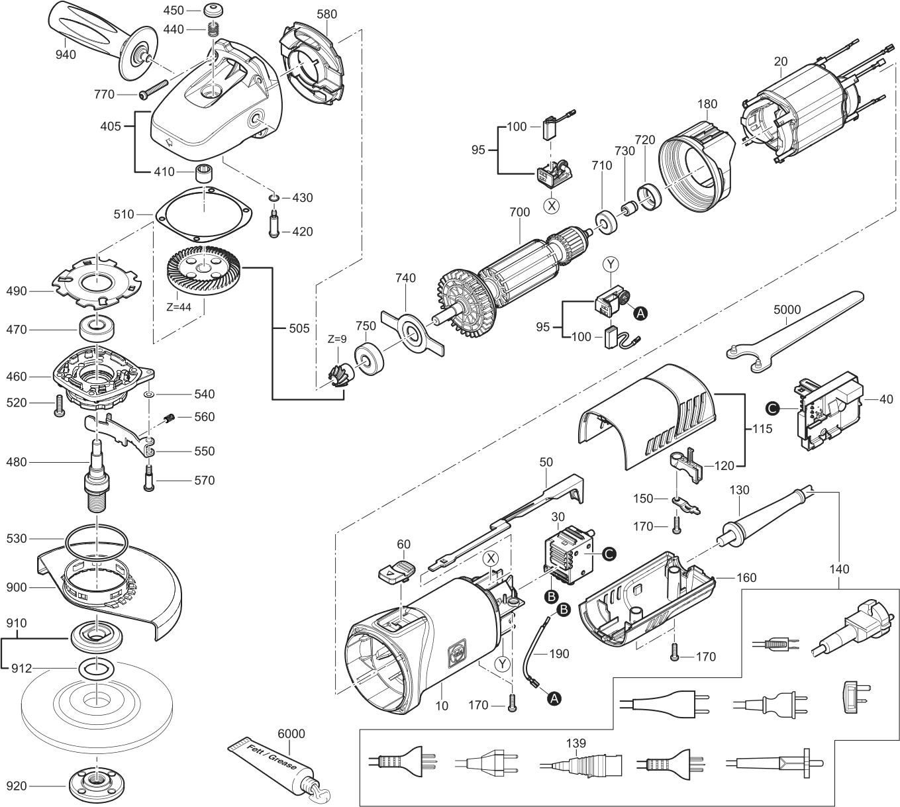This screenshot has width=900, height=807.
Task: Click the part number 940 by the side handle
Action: [66, 54]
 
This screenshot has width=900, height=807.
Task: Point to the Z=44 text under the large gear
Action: [179, 308]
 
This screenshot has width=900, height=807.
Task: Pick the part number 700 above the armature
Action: [519, 213]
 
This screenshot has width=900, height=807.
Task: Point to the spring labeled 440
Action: [213, 29]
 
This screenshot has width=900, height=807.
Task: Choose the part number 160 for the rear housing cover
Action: [746, 577]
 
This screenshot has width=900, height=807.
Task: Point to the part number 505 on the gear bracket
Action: [299, 328]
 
